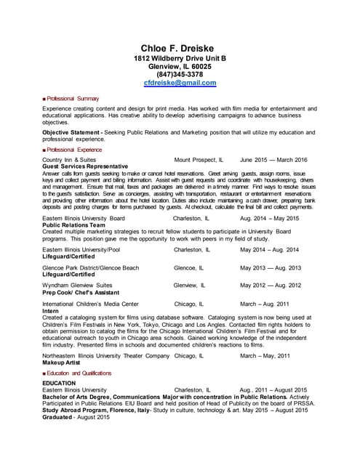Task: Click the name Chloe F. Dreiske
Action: point(180,48)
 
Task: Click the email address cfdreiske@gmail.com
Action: point(180,83)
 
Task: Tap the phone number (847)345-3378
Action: point(180,74)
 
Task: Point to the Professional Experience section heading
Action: point(76,148)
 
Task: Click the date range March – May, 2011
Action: point(265,355)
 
